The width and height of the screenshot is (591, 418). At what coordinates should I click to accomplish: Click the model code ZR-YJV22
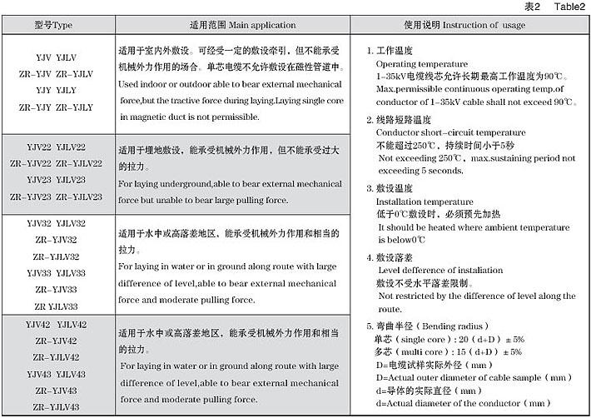pyautogui.click(x=32, y=163)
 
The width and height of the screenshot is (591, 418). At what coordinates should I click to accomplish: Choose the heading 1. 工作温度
pyautogui.click(x=395, y=52)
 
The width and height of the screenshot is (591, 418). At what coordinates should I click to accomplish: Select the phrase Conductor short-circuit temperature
pyautogui.click(x=451, y=132)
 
